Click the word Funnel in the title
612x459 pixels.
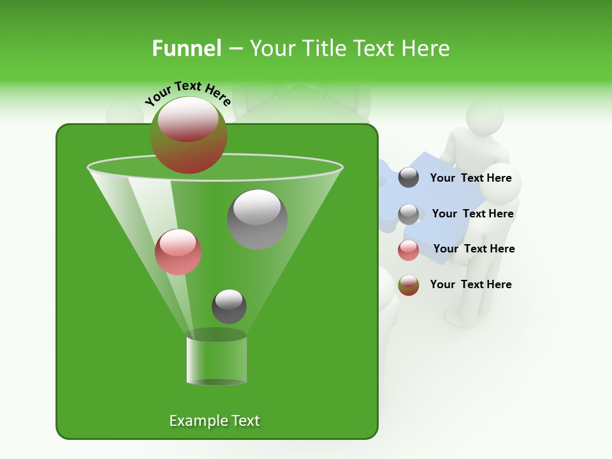(186, 48)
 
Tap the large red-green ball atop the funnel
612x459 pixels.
(188, 135)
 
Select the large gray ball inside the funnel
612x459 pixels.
(258, 219)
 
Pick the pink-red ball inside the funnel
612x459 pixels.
(178, 252)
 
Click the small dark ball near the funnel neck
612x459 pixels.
(229, 306)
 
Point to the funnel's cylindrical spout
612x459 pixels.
(217, 360)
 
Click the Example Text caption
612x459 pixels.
(214, 421)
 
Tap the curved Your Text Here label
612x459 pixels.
(187, 93)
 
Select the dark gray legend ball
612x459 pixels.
(409, 178)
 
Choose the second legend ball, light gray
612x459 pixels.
(409, 214)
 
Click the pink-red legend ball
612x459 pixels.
(409, 250)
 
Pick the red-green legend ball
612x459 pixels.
(409, 285)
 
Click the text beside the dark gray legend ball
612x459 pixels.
(470, 178)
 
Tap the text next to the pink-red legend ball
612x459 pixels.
(474, 249)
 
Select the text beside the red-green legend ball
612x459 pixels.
(470, 284)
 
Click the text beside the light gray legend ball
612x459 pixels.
(472, 214)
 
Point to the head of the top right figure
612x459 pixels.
(484, 117)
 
